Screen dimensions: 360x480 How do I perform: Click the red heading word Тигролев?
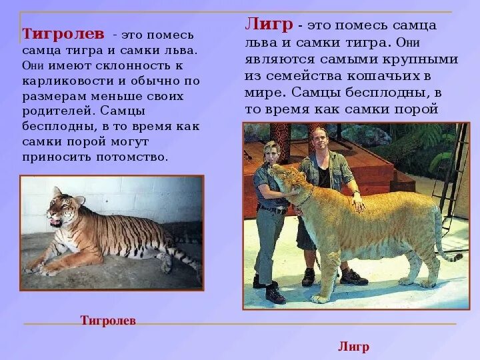point(63,33)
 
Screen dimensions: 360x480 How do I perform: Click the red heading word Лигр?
point(269,25)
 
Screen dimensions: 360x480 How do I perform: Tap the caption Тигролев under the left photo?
point(108,321)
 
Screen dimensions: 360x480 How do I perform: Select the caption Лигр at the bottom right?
point(353,347)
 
